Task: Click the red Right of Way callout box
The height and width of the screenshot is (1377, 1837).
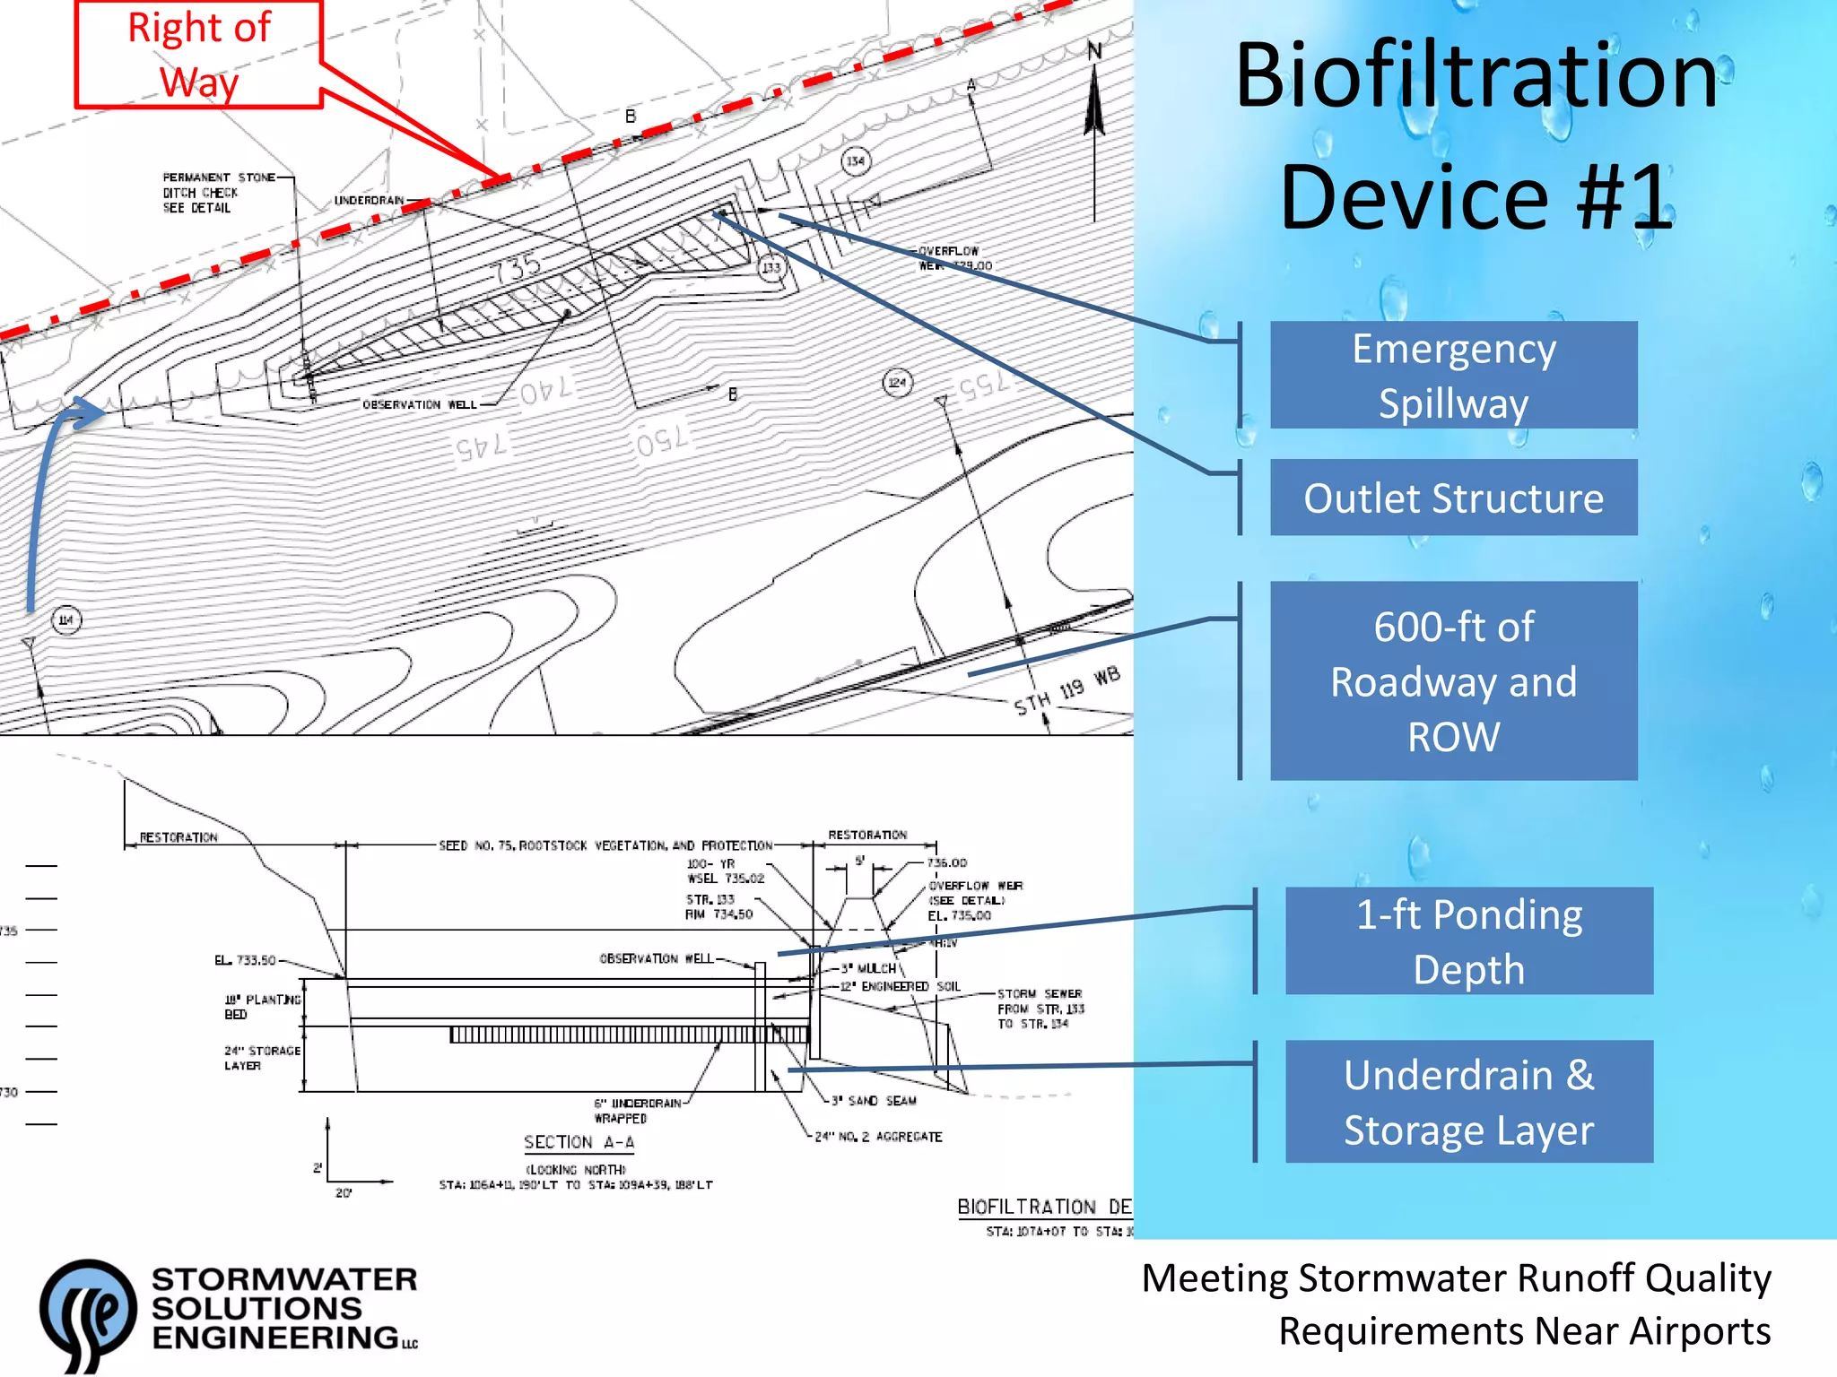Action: tap(198, 55)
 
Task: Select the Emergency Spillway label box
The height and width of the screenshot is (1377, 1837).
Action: tap(1453, 375)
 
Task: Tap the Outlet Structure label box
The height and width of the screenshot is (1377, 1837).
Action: tap(1453, 498)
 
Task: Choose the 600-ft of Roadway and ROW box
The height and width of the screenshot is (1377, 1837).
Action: tap(1453, 681)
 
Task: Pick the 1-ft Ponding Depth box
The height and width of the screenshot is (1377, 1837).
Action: tap(1468, 941)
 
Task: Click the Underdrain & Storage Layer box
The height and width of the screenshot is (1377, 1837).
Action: tap(1468, 1102)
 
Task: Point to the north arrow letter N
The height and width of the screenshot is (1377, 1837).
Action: tap(1094, 51)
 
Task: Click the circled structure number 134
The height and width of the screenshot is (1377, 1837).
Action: tap(856, 161)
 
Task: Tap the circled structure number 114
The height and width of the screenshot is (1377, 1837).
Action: tap(65, 619)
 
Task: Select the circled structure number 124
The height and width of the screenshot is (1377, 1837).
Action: tap(897, 383)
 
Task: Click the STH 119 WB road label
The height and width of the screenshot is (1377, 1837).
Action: tap(1067, 691)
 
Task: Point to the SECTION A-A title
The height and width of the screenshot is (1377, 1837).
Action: tap(579, 1142)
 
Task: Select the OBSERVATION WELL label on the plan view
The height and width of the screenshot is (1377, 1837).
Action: tap(419, 405)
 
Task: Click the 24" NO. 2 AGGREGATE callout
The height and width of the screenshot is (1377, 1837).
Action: tap(878, 1137)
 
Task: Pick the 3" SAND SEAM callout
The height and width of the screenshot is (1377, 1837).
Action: tap(874, 1101)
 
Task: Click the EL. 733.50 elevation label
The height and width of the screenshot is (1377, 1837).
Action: tap(245, 960)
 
